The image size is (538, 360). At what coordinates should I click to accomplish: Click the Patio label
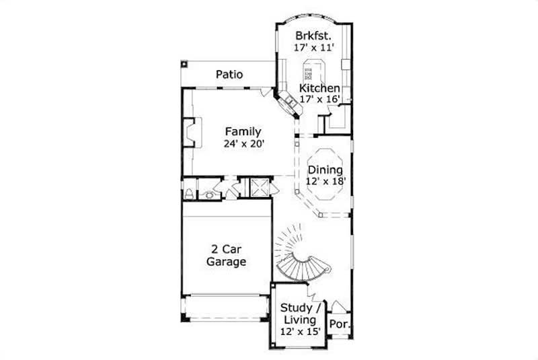tap(229, 75)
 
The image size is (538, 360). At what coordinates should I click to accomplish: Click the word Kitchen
tap(319, 88)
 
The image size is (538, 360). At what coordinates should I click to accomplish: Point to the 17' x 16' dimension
tap(319, 99)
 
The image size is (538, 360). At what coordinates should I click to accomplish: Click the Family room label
tap(243, 132)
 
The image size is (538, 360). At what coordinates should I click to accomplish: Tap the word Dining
tap(325, 170)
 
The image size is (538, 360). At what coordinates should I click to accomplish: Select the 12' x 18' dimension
tap(325, 182)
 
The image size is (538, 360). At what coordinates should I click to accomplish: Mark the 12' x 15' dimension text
tap(301, 331)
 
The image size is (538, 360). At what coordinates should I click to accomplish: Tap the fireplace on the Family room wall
tap(191, 132)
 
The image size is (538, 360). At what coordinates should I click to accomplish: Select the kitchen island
tap(312, 70)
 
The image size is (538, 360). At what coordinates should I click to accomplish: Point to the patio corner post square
tap(183, 65)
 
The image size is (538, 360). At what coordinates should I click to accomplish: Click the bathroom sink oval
tap(210, 195)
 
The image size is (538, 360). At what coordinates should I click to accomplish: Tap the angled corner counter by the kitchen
tap(290, 103)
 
